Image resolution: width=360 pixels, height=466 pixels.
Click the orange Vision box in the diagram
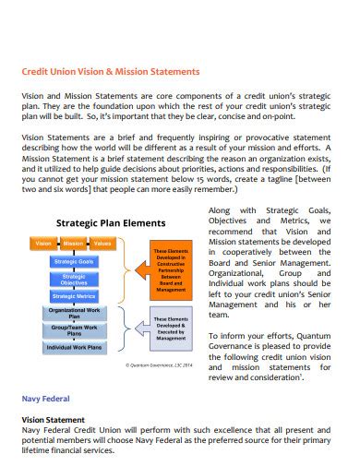(x=43, y=244)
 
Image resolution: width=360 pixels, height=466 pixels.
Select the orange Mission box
(x=73, y=244)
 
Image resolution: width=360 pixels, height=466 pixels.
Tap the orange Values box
(x=102, y=244)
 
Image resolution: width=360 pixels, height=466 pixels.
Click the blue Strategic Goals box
(x=73, y=261)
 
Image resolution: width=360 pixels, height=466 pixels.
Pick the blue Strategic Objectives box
(x=73, y=278)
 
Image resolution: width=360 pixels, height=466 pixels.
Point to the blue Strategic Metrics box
(x=73, y=295)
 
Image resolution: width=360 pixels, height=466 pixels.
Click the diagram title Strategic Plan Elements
(x=111, y=222)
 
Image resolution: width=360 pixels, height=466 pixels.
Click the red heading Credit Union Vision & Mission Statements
(x=111, y=71)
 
